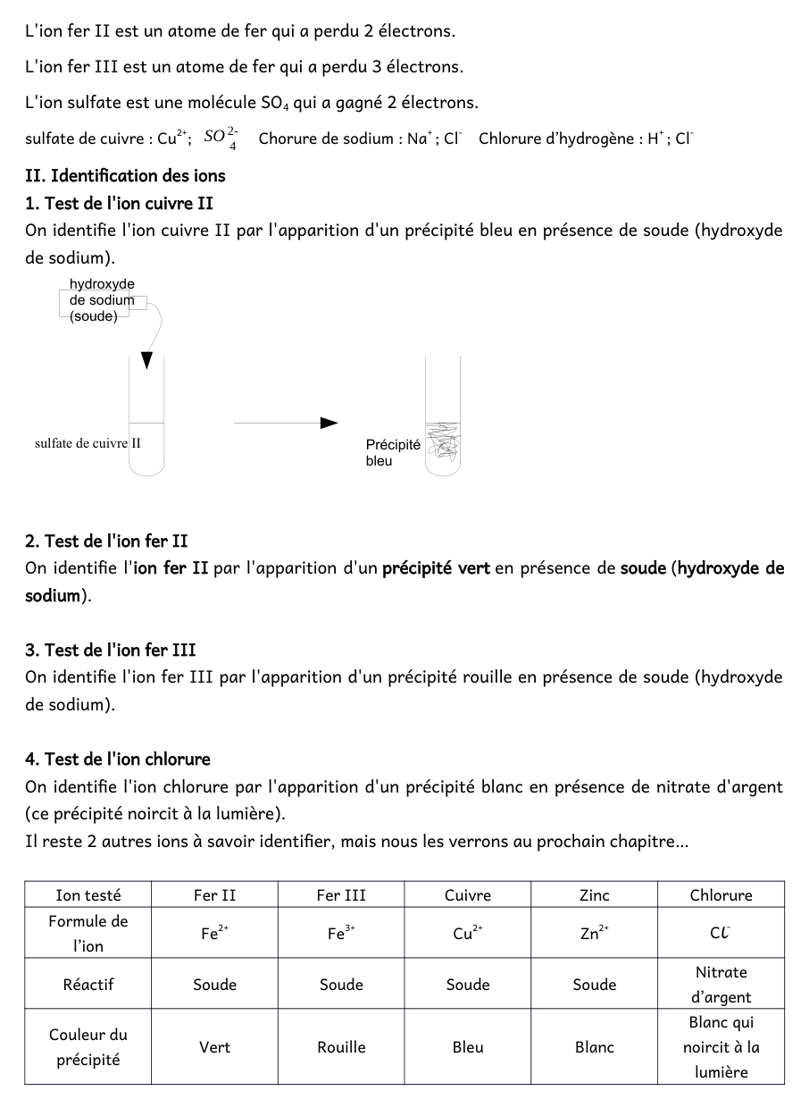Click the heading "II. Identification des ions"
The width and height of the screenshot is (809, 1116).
(125, 175)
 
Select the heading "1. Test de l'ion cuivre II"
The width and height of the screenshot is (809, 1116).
(119, 203)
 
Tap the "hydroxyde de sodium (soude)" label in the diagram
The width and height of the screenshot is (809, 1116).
(102, 300)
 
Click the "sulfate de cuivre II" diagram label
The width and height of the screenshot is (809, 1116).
(88, 443)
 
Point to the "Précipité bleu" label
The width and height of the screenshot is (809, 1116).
(392, 452)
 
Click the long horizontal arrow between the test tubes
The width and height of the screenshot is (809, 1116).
(286, 423)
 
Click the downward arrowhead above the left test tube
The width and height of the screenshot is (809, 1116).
(146, 360)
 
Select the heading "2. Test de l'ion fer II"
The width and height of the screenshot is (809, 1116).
(106, 541)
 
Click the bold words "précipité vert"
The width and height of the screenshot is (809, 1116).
(436, 568)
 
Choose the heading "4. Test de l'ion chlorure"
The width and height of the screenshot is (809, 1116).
(118, 759)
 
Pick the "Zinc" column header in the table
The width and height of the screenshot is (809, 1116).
(594, 895)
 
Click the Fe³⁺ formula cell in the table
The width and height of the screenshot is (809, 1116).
(341, 934)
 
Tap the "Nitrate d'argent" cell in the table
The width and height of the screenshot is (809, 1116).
(721, 985)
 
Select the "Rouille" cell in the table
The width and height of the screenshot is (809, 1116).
(341, 1047)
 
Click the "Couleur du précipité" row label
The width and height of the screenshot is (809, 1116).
(88, 1047)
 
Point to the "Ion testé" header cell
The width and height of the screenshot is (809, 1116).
(88, 895)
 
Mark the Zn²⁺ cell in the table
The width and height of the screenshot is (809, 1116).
(594, 934)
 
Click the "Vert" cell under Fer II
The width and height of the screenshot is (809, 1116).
(214, 1047)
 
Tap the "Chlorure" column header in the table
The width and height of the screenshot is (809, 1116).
(721, 895)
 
